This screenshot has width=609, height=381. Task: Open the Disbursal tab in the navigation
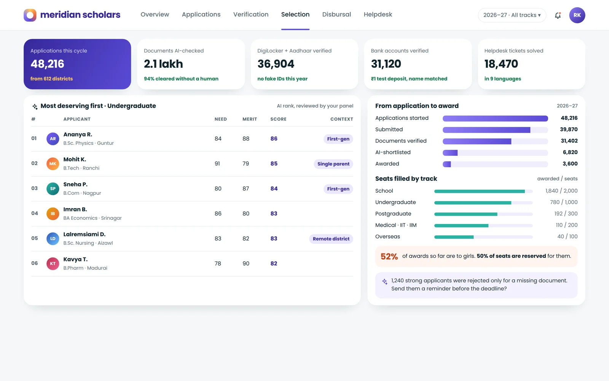(336, 14)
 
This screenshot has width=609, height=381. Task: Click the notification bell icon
(558, 15)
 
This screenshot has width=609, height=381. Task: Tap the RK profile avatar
(577, 15)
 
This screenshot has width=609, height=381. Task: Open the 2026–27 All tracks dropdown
(512, 15)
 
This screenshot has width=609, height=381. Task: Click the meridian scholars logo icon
(30, 15)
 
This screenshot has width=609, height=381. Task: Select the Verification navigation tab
(251, 14)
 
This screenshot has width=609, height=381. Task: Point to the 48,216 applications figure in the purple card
(47, 64)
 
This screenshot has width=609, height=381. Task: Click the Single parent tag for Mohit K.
(333, 164)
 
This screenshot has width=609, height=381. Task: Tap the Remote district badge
(331, 239)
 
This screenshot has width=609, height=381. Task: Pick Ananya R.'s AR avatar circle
(53, 139)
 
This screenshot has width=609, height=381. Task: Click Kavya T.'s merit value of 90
(246, 263)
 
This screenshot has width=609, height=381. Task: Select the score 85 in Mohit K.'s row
(274, 163)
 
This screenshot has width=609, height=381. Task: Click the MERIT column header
(250, 119)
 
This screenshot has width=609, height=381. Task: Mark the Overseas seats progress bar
(483, 237)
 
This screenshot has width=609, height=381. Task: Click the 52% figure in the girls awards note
(389, 256)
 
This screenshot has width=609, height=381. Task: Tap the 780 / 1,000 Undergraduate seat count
(564, 202)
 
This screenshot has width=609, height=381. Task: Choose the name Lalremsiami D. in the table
(84, 234)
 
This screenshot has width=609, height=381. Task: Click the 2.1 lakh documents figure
(163, 64)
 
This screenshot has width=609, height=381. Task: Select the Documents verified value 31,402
(569, 141)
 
